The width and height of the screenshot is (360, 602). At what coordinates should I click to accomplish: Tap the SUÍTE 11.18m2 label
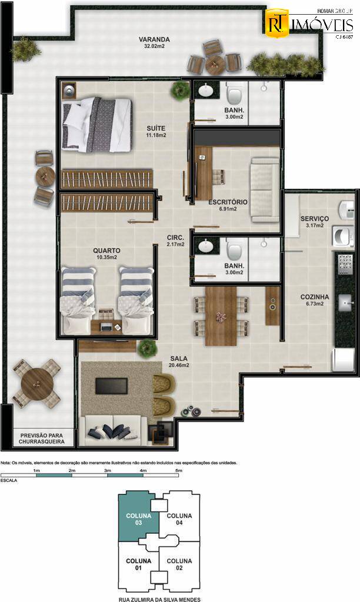pos(156,131)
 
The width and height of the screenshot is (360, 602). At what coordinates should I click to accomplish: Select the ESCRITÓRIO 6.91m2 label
pos(228,205)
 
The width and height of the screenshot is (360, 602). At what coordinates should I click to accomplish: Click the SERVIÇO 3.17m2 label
pos(314,222)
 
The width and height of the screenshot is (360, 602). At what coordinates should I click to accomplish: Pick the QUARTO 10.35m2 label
pos(106,253)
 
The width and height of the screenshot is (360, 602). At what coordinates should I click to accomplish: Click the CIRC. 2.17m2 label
pos(175,241)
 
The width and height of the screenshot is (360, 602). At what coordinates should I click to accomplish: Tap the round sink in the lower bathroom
pos(206,246)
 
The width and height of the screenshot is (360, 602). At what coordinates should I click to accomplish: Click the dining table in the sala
pos(221,316)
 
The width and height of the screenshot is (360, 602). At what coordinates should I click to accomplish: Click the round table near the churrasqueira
pos(36,384)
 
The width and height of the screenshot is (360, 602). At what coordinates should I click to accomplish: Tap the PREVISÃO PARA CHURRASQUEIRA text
pos(41,438)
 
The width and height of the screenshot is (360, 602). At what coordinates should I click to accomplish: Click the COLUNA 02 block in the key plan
pos(179,565)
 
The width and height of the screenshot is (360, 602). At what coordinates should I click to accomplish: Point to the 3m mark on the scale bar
pos(107,471)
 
